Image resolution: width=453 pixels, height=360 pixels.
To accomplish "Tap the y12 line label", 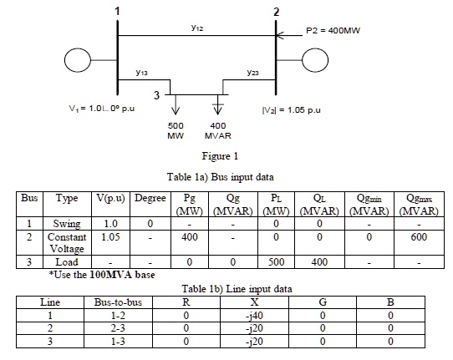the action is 197,28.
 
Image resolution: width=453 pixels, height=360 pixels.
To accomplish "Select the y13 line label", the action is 141,72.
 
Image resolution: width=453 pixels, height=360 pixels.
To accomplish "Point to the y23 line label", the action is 252,72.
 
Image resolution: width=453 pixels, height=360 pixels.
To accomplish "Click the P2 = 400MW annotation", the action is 333,30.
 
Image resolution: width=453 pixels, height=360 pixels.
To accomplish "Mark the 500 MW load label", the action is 176,130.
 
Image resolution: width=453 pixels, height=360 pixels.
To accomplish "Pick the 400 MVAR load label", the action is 218,130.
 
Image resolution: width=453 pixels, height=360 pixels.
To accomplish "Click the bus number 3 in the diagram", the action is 156,95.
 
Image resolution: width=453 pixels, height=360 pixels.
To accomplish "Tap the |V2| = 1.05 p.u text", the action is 291,110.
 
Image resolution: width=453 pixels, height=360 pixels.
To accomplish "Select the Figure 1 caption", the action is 220,156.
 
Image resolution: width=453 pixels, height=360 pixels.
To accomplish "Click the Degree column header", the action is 150,198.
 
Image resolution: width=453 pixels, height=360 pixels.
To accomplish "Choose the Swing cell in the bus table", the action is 67,224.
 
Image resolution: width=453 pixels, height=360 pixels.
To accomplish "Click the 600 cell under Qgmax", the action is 419,237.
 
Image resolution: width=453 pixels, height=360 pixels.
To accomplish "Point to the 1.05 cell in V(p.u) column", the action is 110,237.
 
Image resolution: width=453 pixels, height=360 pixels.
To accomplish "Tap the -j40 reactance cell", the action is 254,316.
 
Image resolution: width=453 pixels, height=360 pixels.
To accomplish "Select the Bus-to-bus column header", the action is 118,302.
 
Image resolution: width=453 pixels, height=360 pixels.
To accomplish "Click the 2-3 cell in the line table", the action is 118,328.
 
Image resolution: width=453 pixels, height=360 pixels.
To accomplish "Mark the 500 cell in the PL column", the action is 276,261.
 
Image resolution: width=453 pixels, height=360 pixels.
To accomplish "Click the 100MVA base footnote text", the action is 102,275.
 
